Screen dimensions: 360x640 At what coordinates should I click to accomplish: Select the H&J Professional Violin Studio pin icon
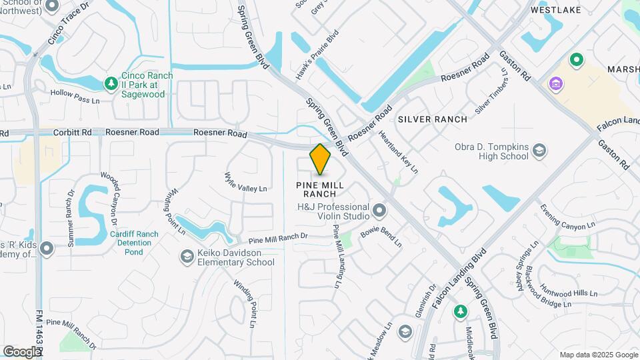pos(380,211)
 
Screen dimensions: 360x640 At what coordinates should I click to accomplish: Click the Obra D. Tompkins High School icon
pos(539,151)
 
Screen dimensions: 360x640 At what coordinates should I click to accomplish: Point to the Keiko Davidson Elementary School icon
pos(187,256)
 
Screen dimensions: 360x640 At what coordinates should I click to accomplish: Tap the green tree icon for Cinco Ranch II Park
pos(111,83)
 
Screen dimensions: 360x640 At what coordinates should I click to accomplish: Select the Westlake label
pos(556,10)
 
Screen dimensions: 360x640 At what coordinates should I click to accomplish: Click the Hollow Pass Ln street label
pos(75,97)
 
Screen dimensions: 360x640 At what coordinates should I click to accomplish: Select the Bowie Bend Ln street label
pos(381,239)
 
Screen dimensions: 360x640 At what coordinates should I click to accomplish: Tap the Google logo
pos(22,351)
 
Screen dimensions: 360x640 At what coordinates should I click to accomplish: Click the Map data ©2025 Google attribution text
pos(598,355)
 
